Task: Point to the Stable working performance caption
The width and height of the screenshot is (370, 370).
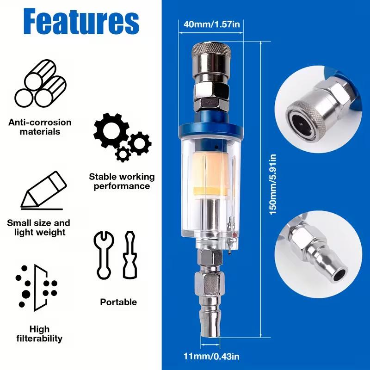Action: point(122,181)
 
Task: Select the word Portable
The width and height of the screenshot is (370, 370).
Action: point(118,302)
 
